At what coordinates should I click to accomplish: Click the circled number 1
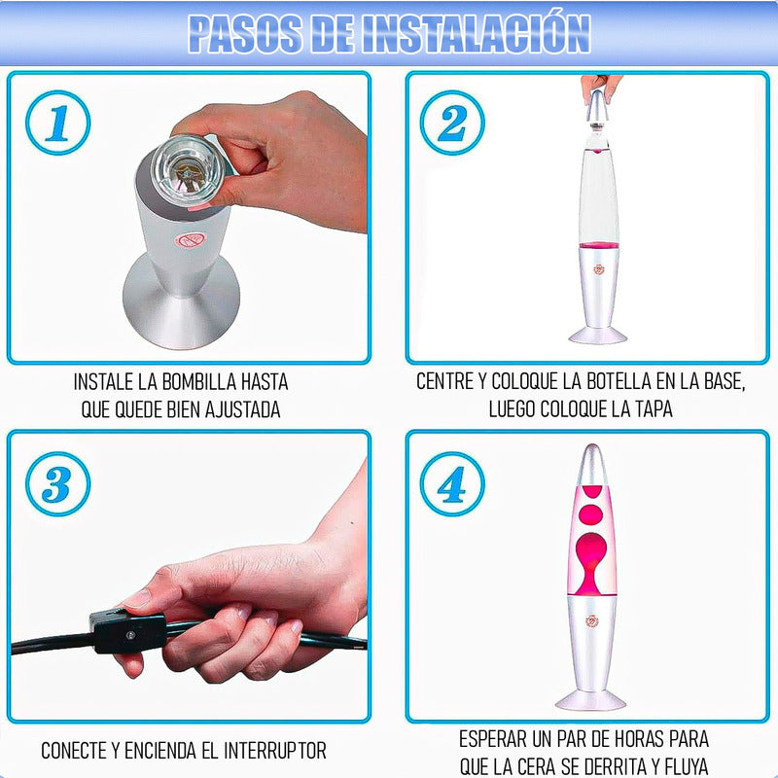(x=58, y=123)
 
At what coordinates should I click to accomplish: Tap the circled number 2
(x=452, y=123)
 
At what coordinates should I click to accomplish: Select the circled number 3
(x=58, y=483)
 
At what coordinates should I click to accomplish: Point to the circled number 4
(x=452, y=483)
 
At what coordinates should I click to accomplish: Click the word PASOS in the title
(x=246, y=34)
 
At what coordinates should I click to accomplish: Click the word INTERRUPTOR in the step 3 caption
(x=275, y=750)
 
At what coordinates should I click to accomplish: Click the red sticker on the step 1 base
(x=189, y=240)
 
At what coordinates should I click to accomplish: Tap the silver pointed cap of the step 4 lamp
(x=591, y=465)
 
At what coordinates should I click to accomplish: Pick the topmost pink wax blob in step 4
(x=592, y=492)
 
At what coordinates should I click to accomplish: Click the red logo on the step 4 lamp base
(x=592, y=620)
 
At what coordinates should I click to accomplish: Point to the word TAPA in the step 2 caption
(x=652, y=408)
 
